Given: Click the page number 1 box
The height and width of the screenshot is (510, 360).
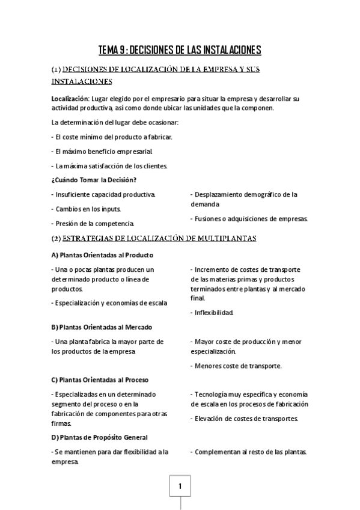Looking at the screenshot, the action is tap(180, 485).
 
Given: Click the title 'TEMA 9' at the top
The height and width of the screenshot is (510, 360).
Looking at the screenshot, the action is tap(113, 49).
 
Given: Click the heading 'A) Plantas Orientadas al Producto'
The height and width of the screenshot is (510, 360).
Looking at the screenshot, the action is tap(102, 255).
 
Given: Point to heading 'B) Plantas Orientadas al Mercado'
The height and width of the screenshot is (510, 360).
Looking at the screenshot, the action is tap(102, 327).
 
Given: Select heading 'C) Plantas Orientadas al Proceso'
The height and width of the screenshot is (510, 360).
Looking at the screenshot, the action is tap(100, 379).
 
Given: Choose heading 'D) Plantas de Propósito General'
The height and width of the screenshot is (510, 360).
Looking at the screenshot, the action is tap(99, 437).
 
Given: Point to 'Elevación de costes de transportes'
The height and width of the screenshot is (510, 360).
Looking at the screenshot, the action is tap(247, 418).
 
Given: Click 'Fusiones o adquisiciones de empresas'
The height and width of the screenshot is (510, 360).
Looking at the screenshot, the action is tap(249, 219).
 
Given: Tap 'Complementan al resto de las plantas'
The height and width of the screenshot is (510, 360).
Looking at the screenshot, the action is tap(249, 452).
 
